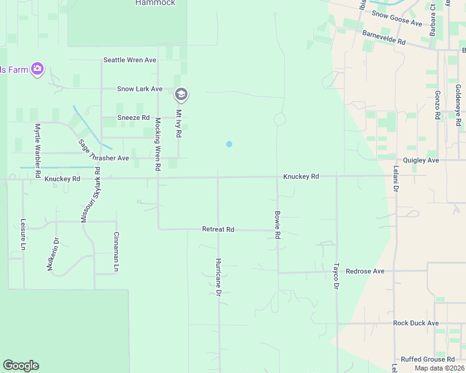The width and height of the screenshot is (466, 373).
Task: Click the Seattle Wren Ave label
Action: tap(130, 60)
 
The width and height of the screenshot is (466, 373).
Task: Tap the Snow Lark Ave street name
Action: tap(140, 90)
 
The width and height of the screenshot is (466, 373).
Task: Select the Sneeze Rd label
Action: tap(133, 117)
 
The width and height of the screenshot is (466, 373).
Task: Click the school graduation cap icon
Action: tap(181, 94)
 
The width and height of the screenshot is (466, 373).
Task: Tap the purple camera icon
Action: tap(37, 69)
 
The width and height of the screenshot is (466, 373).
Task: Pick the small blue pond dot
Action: tap(229, 144)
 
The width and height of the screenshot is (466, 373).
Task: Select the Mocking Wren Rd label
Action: tap(158, 144)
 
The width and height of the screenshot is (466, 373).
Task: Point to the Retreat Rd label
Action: tap(217, 229)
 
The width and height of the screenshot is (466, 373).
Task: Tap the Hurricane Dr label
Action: tap(218, 276)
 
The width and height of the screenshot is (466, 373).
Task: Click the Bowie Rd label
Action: tap(278, 226)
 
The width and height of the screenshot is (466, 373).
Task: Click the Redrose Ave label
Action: tap(365, 272)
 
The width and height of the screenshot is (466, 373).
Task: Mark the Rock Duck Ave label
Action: tap(416, 323)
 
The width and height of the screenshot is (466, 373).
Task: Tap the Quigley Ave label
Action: tap(421, 160)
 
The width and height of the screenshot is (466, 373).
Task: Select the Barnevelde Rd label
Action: tap(383, 37)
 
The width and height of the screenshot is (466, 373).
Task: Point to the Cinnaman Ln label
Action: tap(117, 252)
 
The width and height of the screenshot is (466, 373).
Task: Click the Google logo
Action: tap(21, 366)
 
